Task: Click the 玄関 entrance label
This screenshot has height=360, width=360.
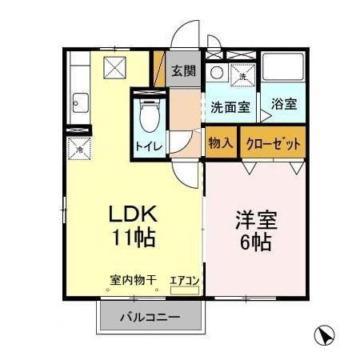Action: click(x=183, y=70)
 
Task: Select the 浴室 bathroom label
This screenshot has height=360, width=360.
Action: click(x=283, y=103)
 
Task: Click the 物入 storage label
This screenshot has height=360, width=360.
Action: click(x=221, y=144)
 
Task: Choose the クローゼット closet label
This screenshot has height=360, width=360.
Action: click(x=274, y=144)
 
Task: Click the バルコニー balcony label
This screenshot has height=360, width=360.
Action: click(x=150, y=317)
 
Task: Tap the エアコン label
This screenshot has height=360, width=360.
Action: click(x=185, y=281)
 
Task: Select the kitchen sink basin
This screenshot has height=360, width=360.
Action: click(x=81, y=102)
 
